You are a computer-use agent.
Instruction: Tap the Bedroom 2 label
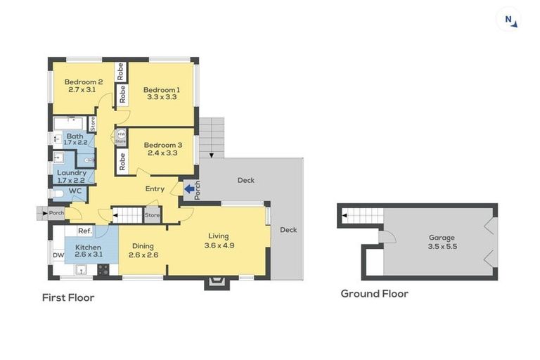coord(86,82)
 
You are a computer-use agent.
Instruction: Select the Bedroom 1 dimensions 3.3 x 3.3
coord(162,97)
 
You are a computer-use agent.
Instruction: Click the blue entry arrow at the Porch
coord(188,188)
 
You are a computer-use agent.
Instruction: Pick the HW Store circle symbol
coord(122,134)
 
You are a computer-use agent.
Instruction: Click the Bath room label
coord(75,136)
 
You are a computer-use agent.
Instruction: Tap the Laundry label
coord(72,173)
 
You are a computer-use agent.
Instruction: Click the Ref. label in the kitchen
coord(84,231)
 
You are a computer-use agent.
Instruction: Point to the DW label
coord(58,255)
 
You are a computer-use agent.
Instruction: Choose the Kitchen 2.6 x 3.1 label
coord(89,252)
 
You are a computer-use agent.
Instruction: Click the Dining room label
coord(143,247)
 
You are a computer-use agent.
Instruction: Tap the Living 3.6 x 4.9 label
coord(219,240)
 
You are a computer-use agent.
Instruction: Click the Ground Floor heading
coord(374,293)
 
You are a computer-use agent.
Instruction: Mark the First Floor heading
coord(68,297)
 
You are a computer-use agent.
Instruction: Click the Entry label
coord(155,188)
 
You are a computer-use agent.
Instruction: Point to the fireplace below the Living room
coord(216,283)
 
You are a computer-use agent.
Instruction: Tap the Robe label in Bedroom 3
coord(122,162)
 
